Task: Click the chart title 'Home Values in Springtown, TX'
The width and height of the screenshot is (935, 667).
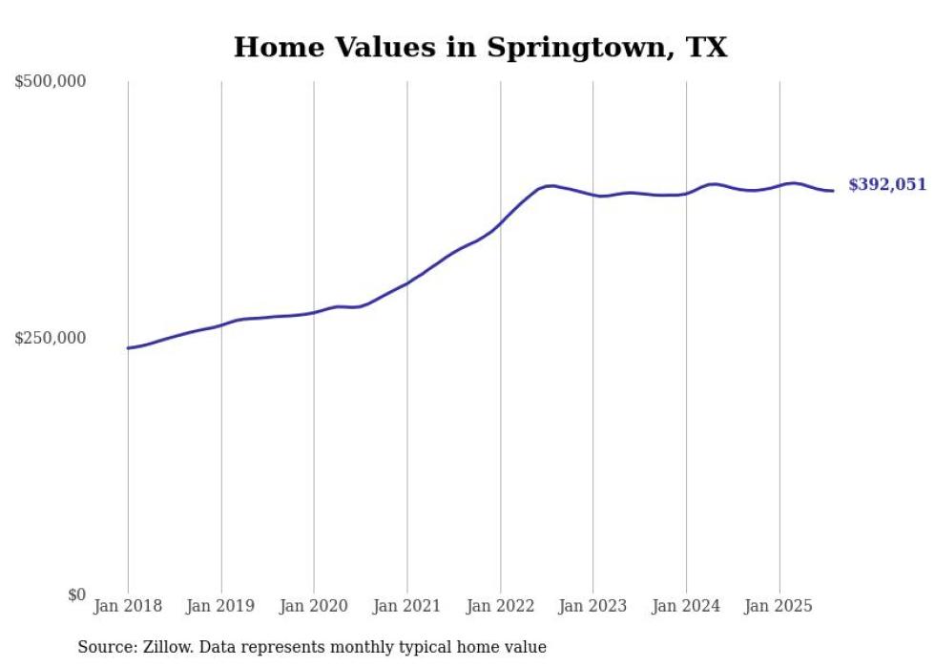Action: tap(480, 48)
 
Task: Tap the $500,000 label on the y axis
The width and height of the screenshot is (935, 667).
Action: tap(51, 82)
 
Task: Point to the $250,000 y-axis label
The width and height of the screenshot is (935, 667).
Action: tap(51, 338)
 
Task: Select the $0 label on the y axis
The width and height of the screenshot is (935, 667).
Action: tap(76, 594)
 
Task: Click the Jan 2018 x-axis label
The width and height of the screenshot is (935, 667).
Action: tap(128, 606)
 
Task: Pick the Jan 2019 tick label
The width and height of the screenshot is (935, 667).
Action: tap(221, 606)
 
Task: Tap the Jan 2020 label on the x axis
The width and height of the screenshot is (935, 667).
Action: tap(314, 606)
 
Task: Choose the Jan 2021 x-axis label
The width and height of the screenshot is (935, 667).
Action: tap(407, 606)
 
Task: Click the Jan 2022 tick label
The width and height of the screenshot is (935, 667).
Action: tap(500, 606)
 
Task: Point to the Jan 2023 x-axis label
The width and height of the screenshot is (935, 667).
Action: tap(592, 606)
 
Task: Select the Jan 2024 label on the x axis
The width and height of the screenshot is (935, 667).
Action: tap(686, 606)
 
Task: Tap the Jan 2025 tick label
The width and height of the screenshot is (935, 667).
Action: tap(779, 606)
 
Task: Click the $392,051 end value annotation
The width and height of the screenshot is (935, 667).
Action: tap(887, 185)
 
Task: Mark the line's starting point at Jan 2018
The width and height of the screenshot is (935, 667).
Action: tap(128, 348)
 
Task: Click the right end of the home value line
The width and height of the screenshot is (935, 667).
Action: tap(833, 191)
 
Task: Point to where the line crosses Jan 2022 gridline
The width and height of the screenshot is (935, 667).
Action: tap(500, 225)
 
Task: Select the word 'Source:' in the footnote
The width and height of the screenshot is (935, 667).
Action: tap(106, 647)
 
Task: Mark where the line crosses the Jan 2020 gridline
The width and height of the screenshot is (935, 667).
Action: tap(314, 312)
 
